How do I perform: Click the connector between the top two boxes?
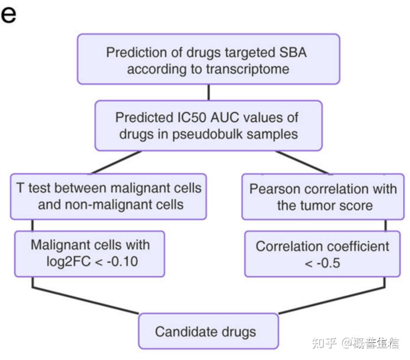208,92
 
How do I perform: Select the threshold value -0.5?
322,263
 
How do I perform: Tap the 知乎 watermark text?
323,343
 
